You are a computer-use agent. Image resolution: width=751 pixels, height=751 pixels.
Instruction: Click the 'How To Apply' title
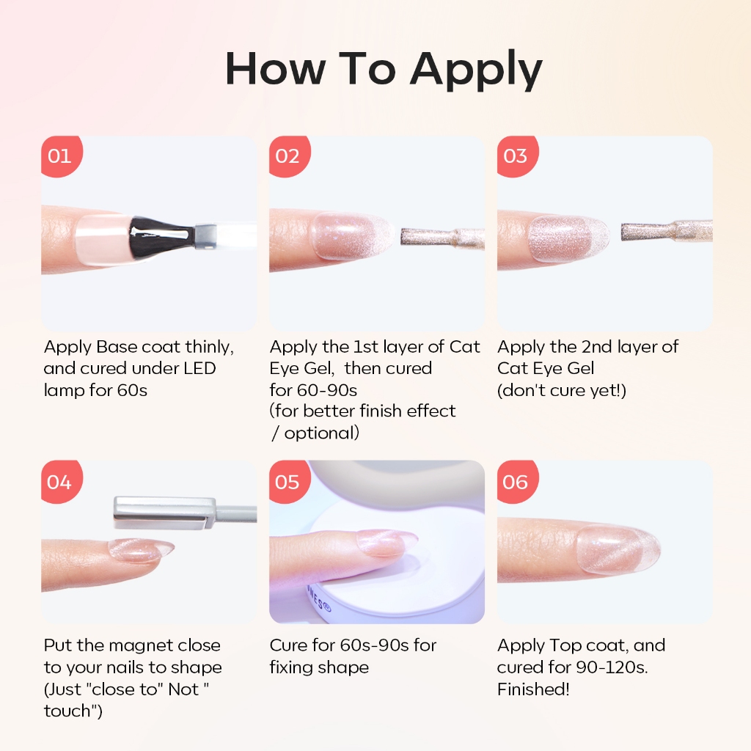pos(384,70)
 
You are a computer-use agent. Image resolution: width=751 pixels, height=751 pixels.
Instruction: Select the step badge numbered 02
pos(289,156)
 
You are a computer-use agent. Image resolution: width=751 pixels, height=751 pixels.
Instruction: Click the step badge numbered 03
pos(517,156)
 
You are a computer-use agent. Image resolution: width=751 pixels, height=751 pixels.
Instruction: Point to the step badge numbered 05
pos(289,481)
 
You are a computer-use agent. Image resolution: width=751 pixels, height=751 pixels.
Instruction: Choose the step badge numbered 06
pos(517,481)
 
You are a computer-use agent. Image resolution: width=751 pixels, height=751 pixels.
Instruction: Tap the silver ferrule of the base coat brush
pos(205,235)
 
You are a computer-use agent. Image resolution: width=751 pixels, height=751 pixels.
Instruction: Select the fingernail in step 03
pos(568,238)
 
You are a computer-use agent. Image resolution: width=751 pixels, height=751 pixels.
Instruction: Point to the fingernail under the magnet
pos(141,550)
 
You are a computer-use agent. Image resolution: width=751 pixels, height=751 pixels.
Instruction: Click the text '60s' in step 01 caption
pos(132,390)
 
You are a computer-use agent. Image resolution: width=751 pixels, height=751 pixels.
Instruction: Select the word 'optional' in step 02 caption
pos(321,433)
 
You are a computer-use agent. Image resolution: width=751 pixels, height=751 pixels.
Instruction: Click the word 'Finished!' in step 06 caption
pos(533,689)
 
